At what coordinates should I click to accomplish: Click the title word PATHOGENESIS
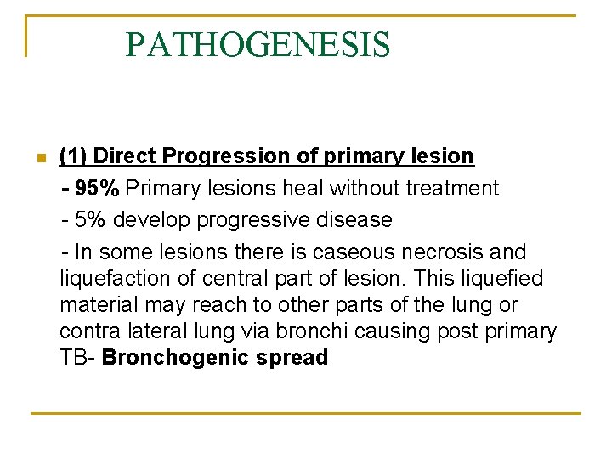(258, 44)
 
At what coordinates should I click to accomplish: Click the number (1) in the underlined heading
(73, 156)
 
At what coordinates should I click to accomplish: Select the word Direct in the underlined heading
(125, 156)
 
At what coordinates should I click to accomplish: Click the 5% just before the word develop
(91, 220)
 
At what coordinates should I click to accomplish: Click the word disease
(356, 220)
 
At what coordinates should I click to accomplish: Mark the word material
(95, 305)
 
